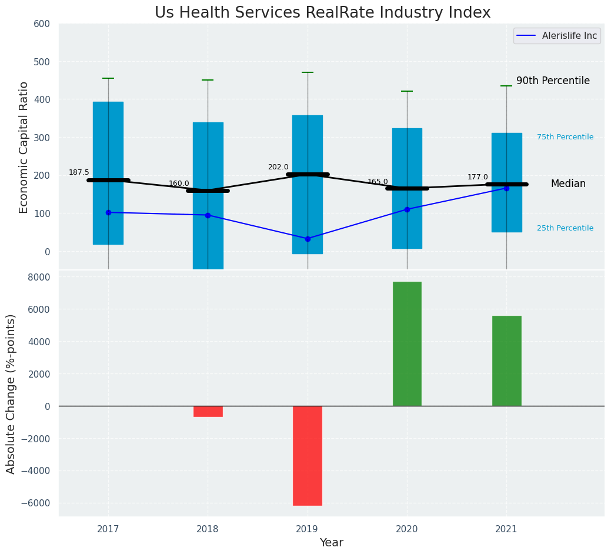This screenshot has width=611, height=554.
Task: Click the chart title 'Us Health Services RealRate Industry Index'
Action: coord(322,13)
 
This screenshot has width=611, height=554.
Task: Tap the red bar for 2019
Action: coord(308,455)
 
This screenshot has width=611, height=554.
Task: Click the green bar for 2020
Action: coord(407,343)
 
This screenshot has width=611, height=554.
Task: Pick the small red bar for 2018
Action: coord(208,411)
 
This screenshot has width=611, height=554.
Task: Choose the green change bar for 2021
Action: coord(506,361)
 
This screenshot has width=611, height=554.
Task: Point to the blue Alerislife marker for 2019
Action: coord(308,239)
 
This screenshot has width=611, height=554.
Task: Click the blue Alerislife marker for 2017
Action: coord(108,212)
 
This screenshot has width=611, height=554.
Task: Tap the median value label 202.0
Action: coord(278,167)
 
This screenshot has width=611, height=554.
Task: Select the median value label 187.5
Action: coord(79,172)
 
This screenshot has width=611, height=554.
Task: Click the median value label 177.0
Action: coord(478,177)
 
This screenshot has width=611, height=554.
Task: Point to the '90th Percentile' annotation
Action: coord(553,81)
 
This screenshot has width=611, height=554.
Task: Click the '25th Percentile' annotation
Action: coord(565,228)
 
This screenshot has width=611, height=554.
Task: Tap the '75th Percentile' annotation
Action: coord(565,137)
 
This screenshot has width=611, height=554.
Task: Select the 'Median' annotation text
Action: coord(568,184)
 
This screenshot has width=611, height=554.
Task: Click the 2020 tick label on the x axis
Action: coord(407,529)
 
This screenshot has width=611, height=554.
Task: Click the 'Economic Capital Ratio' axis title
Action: coord(24,147)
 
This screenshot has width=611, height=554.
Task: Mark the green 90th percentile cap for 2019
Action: coord(308,72)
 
